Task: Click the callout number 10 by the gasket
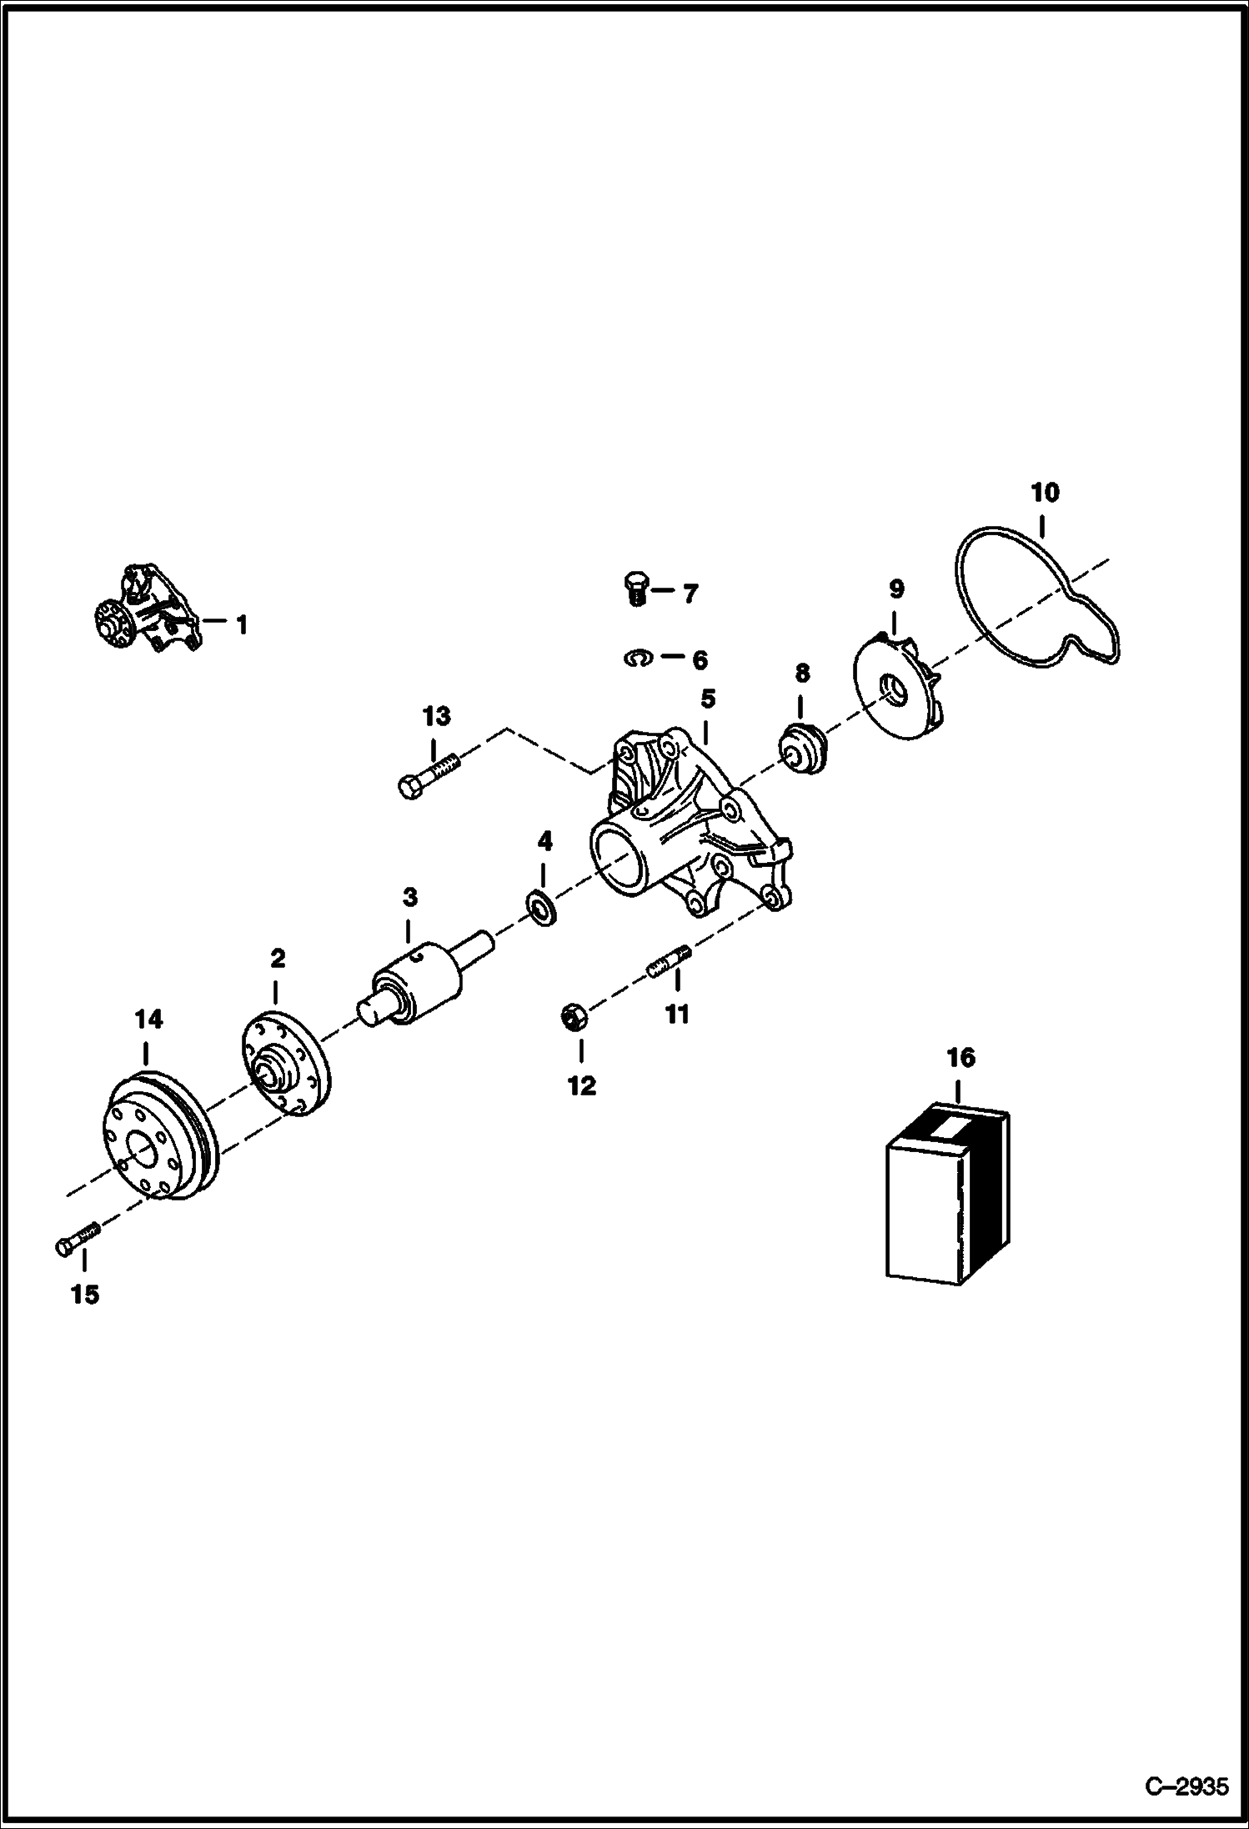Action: point(1045,493)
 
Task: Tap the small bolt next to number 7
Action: point(635,589)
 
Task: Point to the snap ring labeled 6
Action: point(637,658)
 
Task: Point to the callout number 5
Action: point(707,698)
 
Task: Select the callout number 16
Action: point(961,1057)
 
